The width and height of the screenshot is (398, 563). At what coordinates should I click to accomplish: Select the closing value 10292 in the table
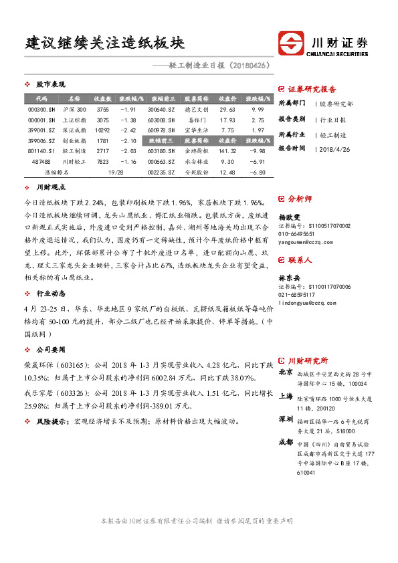point(102,130)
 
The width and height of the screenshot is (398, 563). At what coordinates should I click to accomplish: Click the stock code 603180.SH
point(161,151)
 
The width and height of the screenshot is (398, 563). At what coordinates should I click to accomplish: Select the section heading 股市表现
point(50,84)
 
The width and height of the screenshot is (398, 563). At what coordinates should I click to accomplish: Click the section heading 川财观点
point(50,189)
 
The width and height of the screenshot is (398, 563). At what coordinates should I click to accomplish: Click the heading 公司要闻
point(50,348)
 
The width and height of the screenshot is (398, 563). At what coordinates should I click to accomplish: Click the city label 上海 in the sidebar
point(286,395)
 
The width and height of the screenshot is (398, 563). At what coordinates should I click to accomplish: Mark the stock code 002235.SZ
point(161,173)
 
